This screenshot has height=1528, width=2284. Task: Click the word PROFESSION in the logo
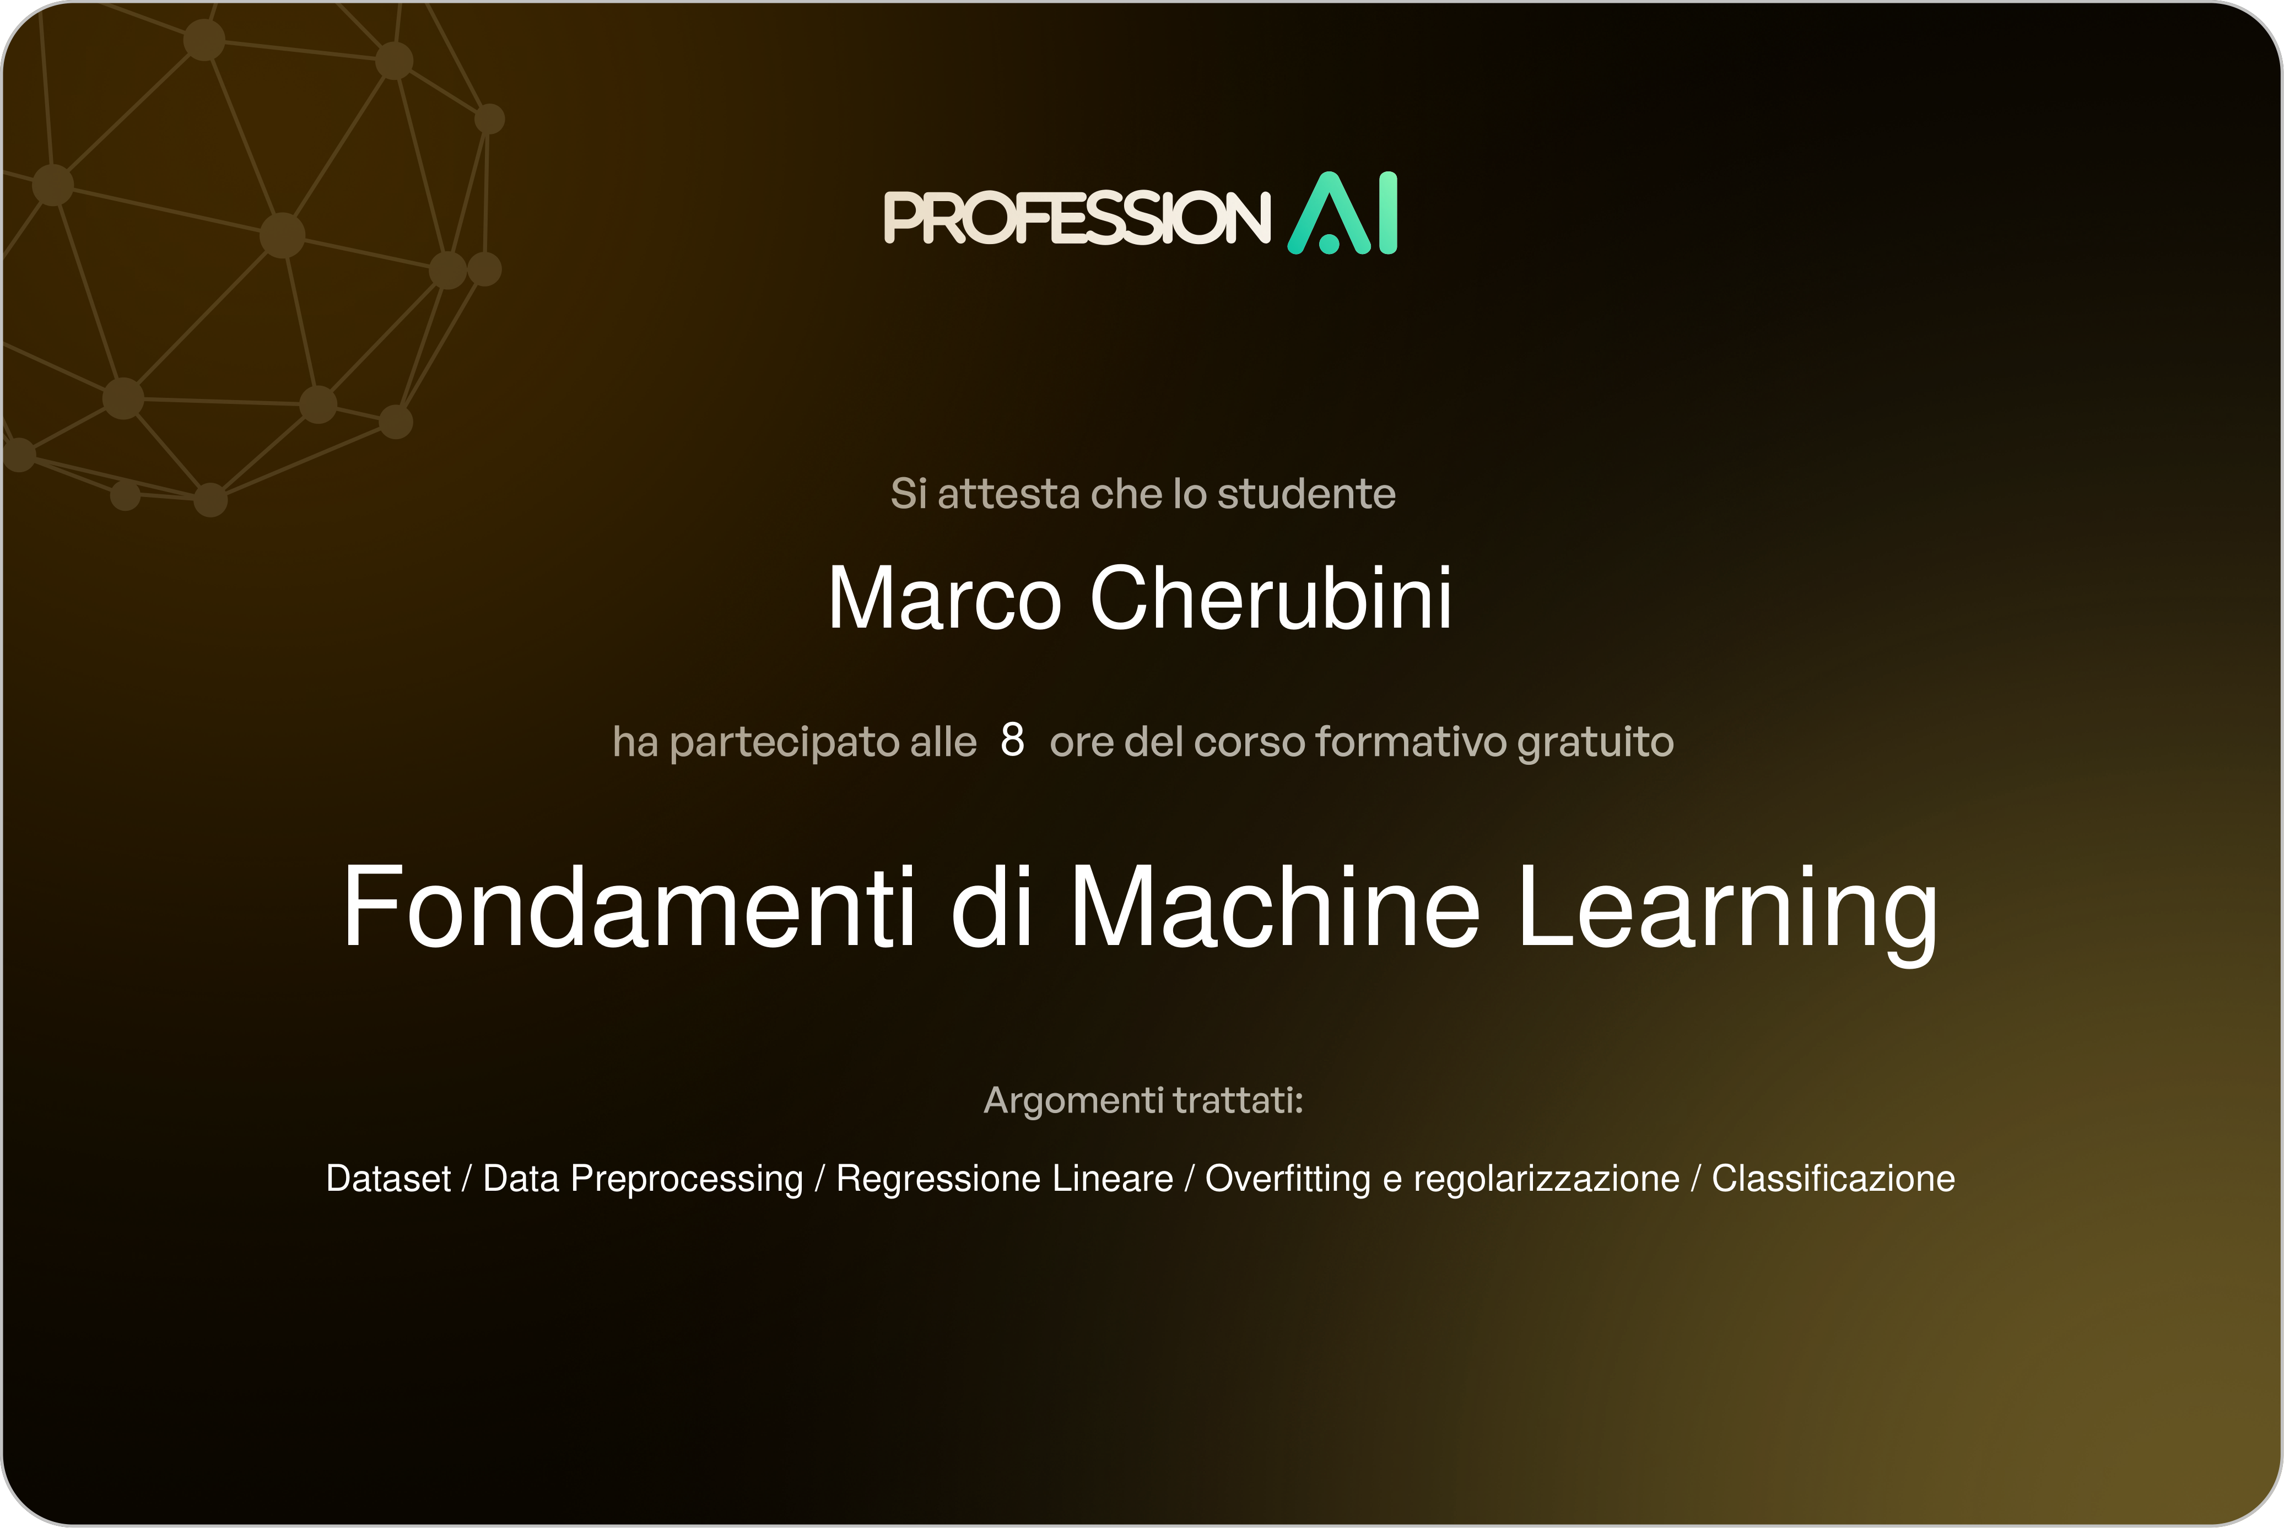click(1077, 217)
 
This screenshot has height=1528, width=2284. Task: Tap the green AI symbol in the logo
click(1343, 213)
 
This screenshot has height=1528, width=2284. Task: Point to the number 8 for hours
click(1012, 741)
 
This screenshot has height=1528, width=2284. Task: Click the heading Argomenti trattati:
click(1143, 1100)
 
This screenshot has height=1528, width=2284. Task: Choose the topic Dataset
click(388, 1178)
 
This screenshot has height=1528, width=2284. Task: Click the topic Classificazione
click(1833, 1178)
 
